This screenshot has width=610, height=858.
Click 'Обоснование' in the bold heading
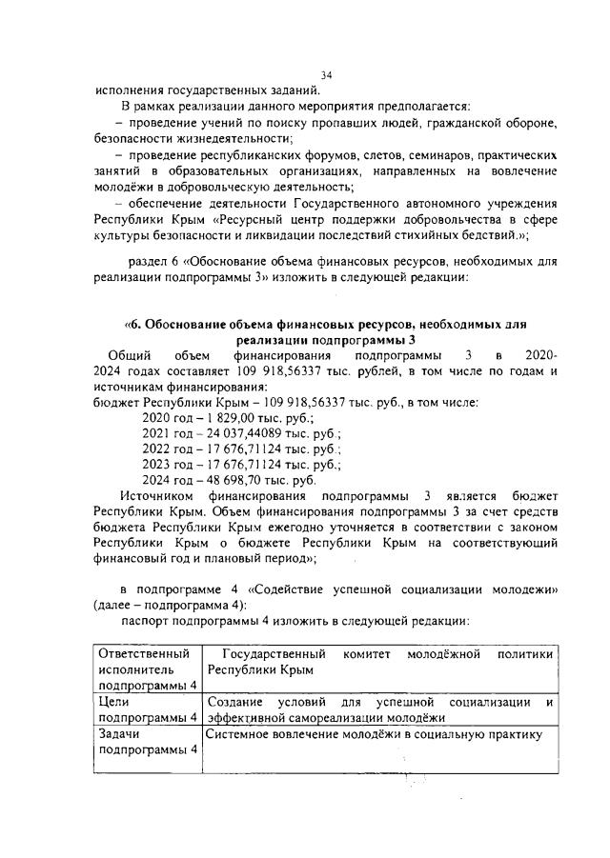coord(190,324)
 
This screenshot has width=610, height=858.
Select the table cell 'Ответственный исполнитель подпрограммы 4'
coord(147,669)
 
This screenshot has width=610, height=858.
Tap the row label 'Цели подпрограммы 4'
coord(147,709)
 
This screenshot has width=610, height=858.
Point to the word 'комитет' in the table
coord(365,654)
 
